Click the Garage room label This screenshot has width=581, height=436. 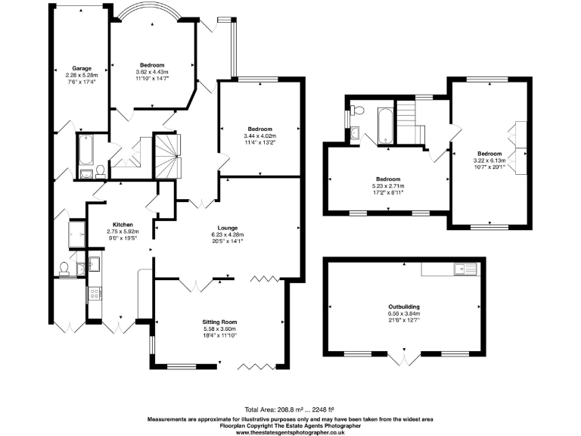click(82, 68)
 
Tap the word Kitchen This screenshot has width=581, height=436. click(123, 225)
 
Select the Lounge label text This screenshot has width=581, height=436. click(228, 228)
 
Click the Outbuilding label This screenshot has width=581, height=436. click(402, 305)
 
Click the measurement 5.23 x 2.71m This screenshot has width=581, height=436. click(387, 186)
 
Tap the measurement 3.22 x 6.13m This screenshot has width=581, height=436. click(489, 160)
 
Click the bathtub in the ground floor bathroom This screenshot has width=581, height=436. click(85, 151)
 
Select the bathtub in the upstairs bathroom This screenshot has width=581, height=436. click(384, 124)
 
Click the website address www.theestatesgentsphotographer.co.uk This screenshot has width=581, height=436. click(290, 431)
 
